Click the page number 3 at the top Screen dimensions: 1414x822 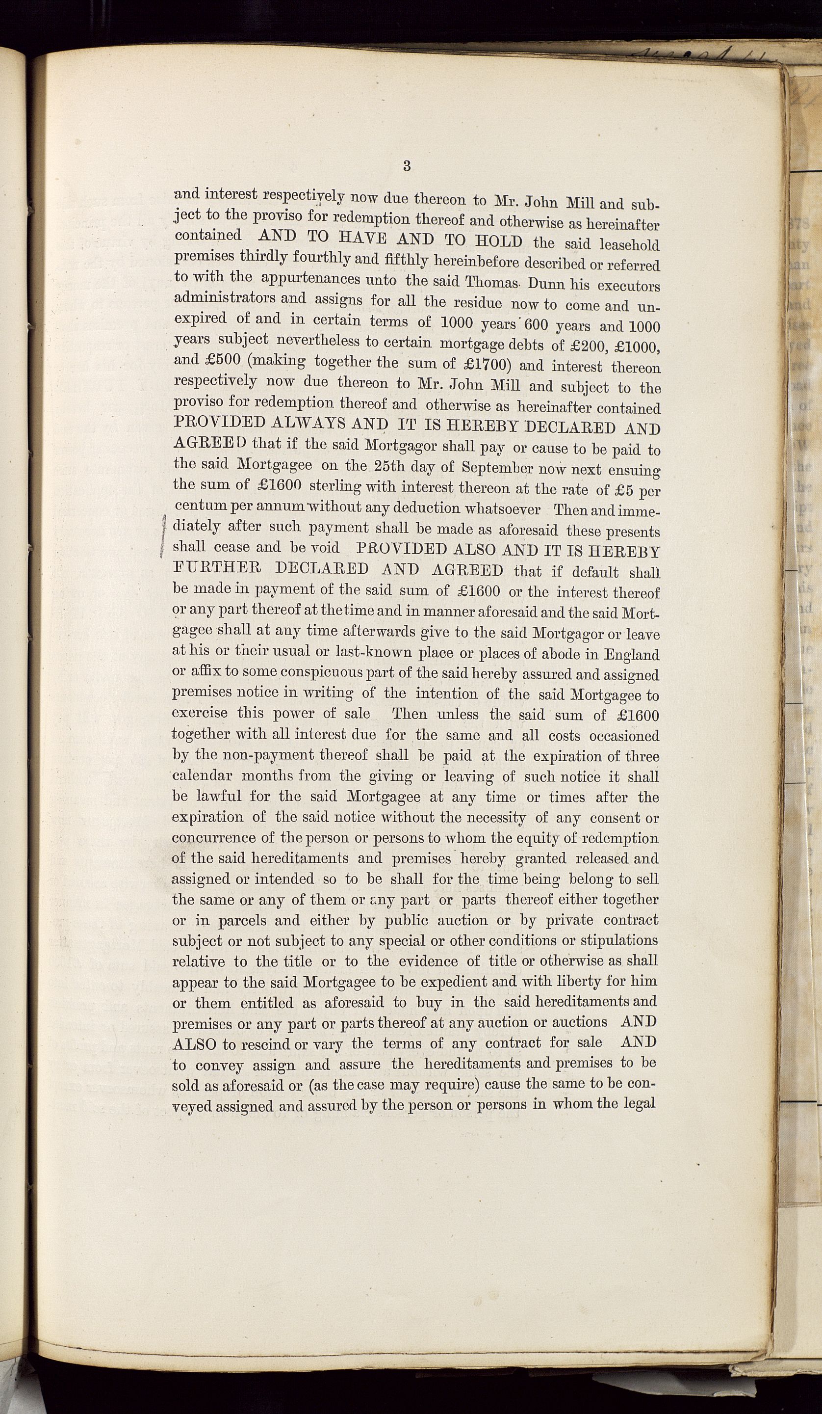click(x=407, y=166)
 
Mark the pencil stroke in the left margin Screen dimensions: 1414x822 click(x=163, y=536)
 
